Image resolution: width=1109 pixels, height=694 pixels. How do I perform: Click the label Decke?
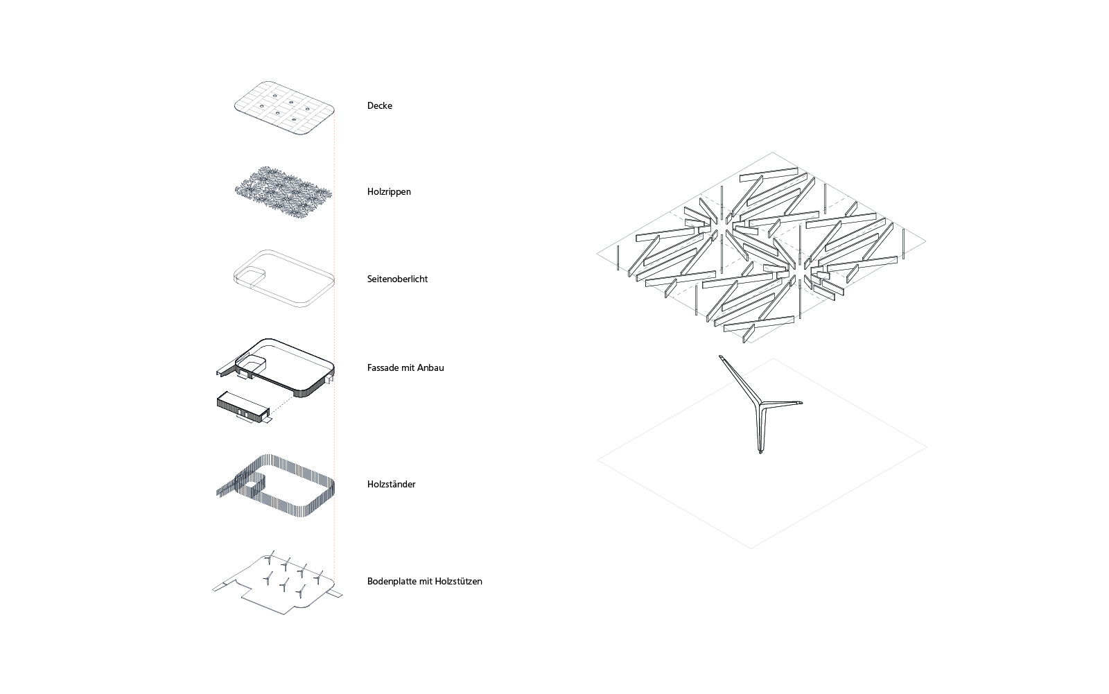[x=379, y=105]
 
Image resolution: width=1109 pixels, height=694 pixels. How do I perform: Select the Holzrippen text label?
[x=389, y=192]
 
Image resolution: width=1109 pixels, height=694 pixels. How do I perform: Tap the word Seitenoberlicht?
[x=397, y=279]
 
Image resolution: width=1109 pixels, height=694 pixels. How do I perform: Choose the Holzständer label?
[x=391, y=484]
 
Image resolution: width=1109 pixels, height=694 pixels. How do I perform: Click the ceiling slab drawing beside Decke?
[x=284, y=108]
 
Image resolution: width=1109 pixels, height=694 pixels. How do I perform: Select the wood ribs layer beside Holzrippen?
[x=283, y=193]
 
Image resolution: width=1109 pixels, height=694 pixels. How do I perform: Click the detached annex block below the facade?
[x=243, y=407]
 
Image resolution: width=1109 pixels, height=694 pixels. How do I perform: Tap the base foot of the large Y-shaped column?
[x=760, y=451]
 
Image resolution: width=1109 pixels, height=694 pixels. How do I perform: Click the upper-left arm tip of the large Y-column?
[x=722, y=356]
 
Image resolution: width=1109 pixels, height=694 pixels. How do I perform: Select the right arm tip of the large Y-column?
[x=800, y=403]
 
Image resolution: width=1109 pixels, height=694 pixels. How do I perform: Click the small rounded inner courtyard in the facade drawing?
[x=252, y=365]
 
